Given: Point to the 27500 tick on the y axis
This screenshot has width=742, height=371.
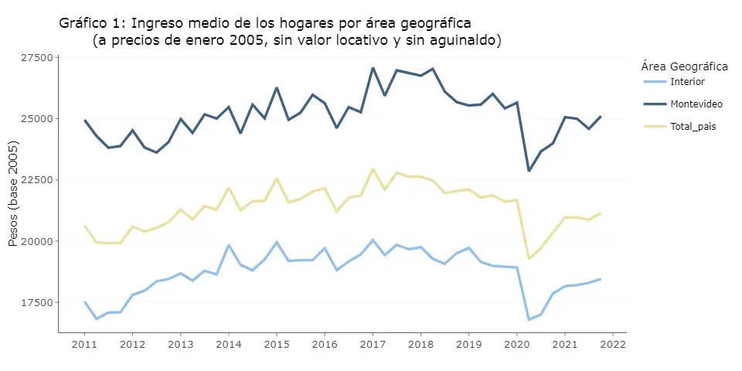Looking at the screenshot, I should [36, 58].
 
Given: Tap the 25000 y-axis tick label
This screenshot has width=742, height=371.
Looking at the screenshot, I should [36, 119].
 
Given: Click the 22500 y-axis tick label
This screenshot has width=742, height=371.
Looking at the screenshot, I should [36, 180].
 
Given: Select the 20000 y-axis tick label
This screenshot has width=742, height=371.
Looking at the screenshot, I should [36, 241].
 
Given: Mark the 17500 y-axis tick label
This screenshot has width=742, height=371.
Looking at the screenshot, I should [36, 302].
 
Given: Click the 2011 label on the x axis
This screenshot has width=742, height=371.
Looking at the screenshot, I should [85, 343].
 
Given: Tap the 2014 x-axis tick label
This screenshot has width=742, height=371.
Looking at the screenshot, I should [229, 343].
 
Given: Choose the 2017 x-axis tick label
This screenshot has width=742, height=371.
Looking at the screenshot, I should [373, 343].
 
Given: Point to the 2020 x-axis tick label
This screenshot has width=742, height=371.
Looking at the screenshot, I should [517, 343].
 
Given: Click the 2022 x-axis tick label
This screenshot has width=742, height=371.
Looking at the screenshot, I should [613, 343].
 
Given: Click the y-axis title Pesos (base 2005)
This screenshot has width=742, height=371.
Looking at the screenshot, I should [13, 194].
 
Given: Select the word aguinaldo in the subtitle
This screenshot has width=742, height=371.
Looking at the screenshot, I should [467, 40].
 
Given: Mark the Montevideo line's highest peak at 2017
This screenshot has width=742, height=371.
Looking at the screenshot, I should [373, 68].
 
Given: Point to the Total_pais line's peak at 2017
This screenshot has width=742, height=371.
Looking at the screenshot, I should [373, 169].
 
